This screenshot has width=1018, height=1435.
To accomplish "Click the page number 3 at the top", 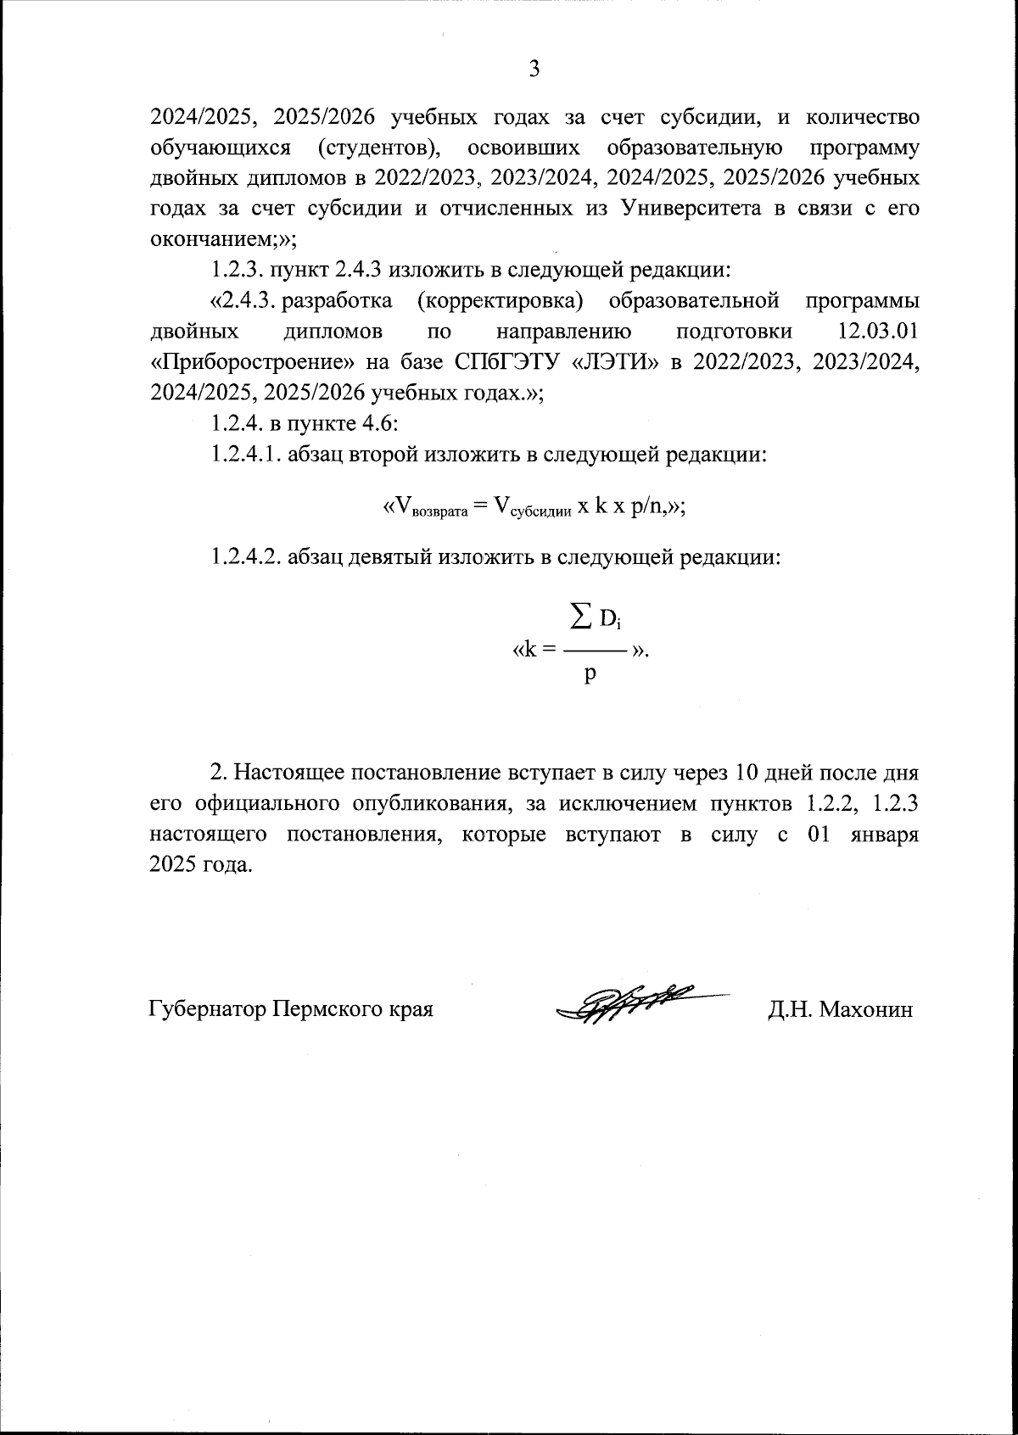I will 534,70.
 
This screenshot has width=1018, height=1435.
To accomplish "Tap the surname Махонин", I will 864,1009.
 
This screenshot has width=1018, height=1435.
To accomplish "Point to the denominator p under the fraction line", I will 590,675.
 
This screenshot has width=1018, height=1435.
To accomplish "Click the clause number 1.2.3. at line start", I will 237,271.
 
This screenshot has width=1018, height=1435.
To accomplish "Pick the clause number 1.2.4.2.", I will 246,557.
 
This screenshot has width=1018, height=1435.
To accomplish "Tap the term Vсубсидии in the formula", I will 530,507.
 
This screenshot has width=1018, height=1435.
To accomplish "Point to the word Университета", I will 691,209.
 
